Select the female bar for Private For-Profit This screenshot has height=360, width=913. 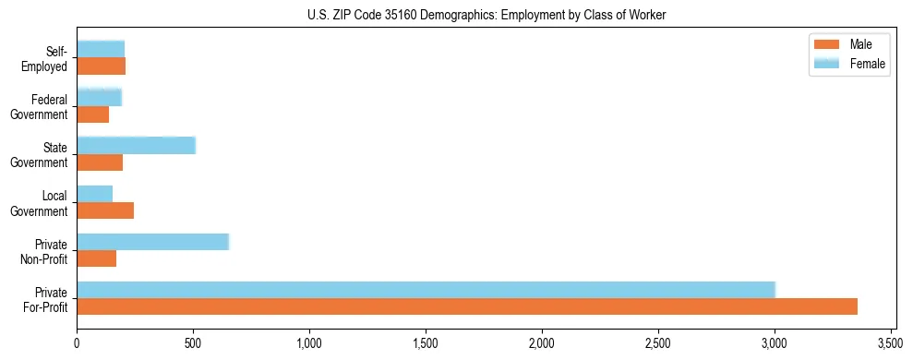pos(426,290)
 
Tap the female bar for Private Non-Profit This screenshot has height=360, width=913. pos(152,242)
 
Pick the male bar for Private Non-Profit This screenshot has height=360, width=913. pos(97,258)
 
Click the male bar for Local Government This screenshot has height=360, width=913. pos(105,210)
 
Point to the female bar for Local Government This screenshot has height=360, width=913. pos(95,194)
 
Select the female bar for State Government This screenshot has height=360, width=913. pos(136,146)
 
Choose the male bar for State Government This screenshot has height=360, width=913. pos(100,162)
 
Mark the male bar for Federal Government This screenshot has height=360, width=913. pos(93,114)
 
